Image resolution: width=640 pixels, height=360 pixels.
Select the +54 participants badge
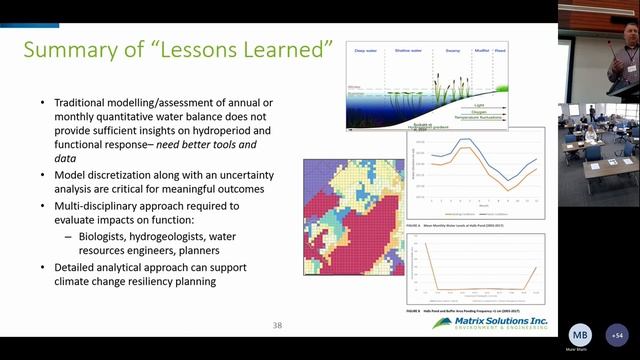coord(618,336)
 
